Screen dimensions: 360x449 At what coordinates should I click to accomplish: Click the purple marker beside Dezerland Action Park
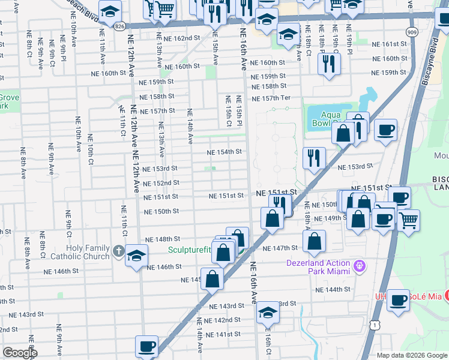(360, 265)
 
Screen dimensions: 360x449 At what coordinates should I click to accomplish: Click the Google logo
(20, 353)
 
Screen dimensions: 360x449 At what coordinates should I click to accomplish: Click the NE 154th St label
(224, 152)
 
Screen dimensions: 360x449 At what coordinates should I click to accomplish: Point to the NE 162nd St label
(178, 38)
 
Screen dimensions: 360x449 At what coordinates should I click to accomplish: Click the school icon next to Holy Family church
(137, 255)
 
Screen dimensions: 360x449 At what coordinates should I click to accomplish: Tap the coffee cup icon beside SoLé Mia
(397, 301)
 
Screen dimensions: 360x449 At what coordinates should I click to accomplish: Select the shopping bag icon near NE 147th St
(315, 242)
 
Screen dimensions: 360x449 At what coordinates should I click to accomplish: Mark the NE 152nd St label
(161, 183)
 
